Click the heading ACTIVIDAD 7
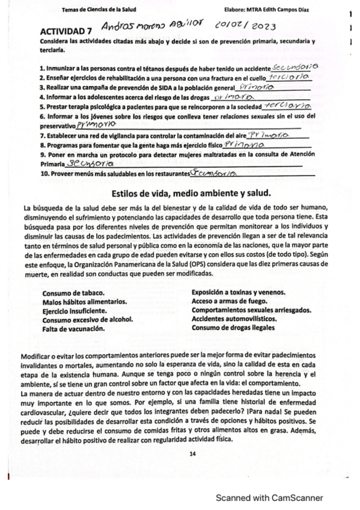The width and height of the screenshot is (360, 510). [65, 31]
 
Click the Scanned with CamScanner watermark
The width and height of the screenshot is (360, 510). [270, 497]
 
